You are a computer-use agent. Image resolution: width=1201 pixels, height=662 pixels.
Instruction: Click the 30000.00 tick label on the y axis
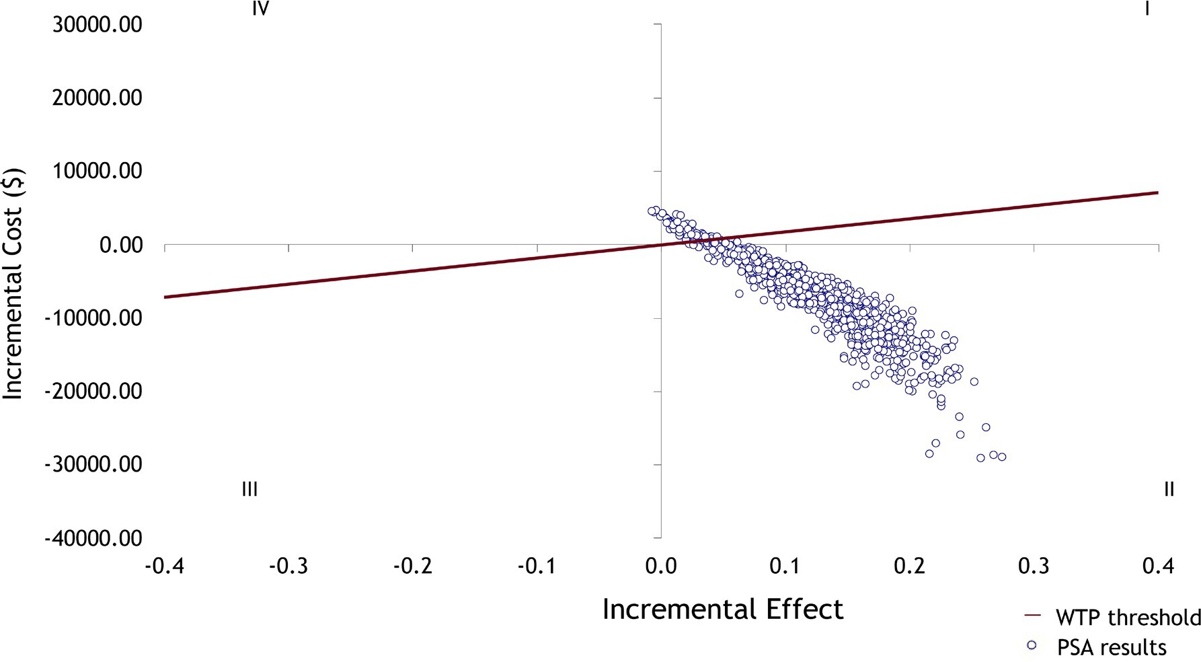[x=97, y=25]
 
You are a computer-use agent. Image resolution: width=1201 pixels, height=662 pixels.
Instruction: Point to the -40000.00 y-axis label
[x=93, y=538]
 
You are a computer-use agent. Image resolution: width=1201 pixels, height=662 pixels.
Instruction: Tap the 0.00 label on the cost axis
[x=120, y=245]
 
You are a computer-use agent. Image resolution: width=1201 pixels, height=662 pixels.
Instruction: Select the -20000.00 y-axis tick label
[x=93, y=391]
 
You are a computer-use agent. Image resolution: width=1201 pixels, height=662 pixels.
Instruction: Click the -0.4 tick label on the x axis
[x=164, y=566]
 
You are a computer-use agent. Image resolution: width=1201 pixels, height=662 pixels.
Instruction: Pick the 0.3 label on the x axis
[x=1034, y=566]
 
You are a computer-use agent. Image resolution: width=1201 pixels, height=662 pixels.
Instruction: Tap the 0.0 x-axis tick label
[x=660, y=566]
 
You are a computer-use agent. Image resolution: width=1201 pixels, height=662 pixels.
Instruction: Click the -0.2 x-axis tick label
[x=412, y=566]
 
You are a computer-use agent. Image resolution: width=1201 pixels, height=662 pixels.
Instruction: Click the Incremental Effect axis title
[x=722, y=610]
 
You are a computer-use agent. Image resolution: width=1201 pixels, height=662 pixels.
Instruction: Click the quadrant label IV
[x=261, y=9]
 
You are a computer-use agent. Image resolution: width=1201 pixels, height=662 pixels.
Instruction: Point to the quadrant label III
[x=249, y=490]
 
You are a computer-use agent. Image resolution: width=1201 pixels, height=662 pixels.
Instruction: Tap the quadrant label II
[x=1169, y=490]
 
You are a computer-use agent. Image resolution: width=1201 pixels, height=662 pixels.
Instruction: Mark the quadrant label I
[x=1147, y=9]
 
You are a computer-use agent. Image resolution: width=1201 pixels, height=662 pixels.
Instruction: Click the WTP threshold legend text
[x=1128, y=618]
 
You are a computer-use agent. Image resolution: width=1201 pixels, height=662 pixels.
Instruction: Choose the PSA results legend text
[x=1112, y=647]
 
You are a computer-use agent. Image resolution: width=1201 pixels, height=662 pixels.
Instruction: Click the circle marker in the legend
[x=1032, y=646]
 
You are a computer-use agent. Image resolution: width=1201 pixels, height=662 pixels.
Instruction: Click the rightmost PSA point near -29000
[x=1002, y=457]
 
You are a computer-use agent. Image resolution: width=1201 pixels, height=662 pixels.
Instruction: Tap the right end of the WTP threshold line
[x=1157, y=193]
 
